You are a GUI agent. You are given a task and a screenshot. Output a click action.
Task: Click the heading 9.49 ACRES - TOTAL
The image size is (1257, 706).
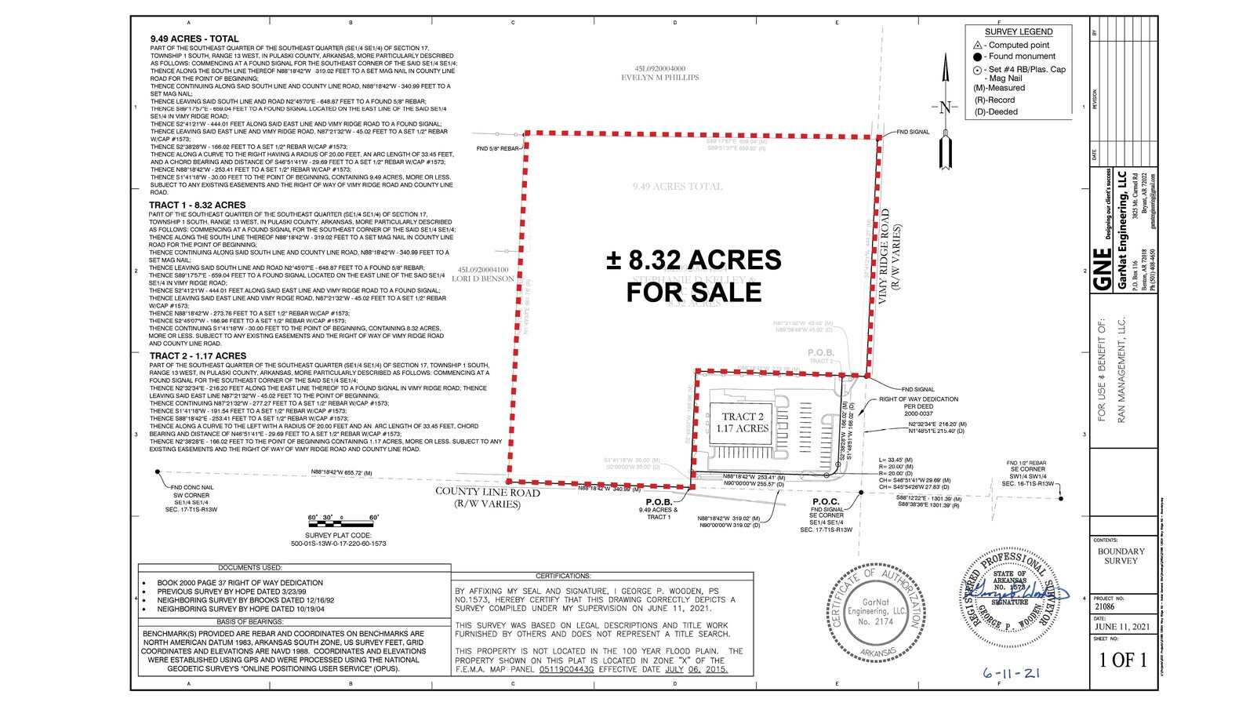[194, 38]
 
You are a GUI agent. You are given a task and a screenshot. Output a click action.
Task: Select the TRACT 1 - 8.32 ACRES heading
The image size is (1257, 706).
[197, 205]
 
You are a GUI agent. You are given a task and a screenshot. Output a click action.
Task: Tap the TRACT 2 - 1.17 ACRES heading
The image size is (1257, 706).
[198, 356]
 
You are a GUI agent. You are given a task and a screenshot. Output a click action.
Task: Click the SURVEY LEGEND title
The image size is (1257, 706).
[1019, 32]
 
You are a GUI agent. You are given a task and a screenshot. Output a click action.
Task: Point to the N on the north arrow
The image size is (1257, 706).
[944, 107]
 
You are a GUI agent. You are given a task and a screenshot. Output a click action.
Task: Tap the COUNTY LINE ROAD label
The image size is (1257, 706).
[488, 493]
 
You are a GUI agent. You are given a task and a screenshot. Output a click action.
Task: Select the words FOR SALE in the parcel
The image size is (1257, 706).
[694, 292]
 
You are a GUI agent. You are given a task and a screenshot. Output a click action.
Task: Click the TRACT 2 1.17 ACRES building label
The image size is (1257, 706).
[742, 423]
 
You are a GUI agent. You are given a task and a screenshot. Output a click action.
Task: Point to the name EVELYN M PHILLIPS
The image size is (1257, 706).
[659, 77]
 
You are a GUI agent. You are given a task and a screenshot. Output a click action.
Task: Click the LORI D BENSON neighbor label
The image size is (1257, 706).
[483, 278]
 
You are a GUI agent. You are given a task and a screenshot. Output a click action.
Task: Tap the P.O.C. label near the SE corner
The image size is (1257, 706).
[826, 502]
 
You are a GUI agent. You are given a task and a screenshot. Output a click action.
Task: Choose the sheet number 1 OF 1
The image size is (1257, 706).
[1123, 660]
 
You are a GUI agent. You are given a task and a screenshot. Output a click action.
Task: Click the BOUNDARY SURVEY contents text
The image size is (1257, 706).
[1121, 556]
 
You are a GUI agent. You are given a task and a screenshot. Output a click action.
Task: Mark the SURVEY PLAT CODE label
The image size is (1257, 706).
[338, 535]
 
